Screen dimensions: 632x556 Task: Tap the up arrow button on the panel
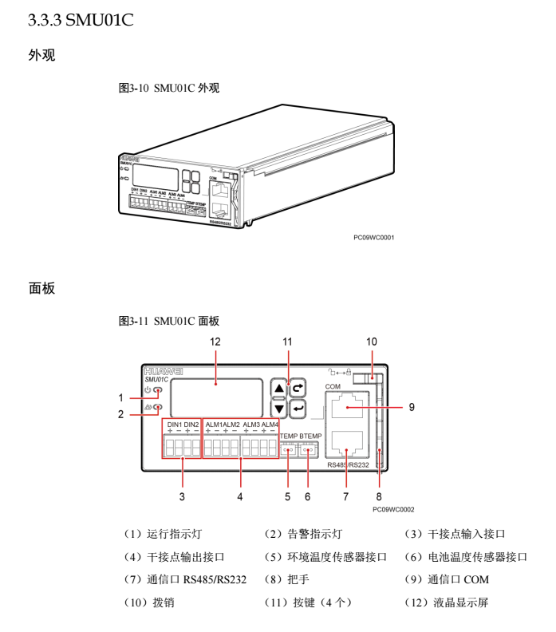coord(278,389)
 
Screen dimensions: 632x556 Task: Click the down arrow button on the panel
coord(278,409)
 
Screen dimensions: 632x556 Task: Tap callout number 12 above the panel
coord(215,342)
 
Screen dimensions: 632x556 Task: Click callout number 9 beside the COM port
coord(412,406)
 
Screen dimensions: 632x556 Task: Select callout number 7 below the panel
coord(345,496)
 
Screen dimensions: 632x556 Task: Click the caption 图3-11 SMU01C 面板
coord(169,321)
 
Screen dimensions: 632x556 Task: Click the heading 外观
coord(41,57)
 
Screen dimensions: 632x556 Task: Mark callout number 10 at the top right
coord(371,342)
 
